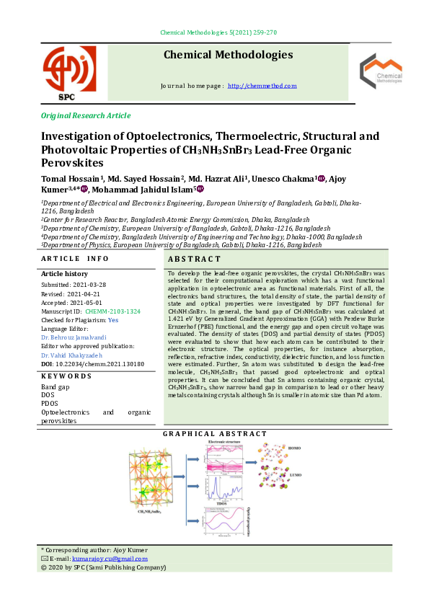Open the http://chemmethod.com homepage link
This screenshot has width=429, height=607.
click(x=262, y=86)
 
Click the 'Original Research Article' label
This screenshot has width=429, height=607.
click(x=86, y=115)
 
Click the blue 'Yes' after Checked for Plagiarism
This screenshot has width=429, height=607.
click(x=112, y=319)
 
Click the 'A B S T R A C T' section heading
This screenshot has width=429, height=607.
click(x=194, y=259)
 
